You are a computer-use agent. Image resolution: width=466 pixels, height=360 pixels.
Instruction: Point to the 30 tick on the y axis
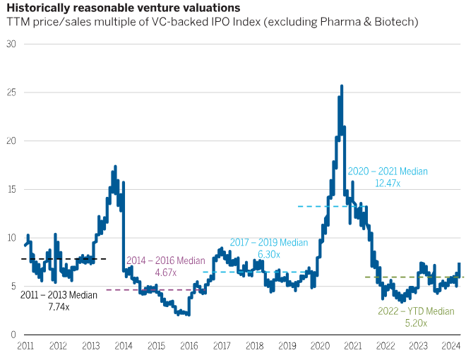(11, 44)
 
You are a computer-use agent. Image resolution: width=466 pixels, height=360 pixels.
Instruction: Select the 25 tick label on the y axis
(11, 92)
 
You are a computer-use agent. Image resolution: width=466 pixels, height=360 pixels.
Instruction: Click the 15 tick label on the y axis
(11, 189)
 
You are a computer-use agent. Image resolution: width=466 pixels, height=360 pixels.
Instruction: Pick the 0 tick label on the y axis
(13, 334)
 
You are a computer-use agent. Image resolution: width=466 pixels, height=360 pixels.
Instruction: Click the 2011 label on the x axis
(25, 346)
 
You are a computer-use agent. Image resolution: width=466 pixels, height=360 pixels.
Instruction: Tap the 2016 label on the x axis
(189, 346)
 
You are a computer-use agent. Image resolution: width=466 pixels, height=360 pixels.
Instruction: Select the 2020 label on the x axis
(320, 346)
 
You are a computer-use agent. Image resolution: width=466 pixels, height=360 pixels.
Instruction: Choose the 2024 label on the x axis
(450, 346)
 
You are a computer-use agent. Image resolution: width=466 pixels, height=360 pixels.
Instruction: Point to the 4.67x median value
(165, 272)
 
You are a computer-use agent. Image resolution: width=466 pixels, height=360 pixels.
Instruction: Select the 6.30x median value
(268, 254)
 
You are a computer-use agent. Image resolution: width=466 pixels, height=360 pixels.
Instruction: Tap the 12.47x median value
(388, 183)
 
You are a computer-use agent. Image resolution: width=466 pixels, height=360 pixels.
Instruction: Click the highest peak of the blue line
(342, 86)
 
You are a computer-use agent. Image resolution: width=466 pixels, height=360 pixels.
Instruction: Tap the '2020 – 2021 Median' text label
(388, 171)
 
